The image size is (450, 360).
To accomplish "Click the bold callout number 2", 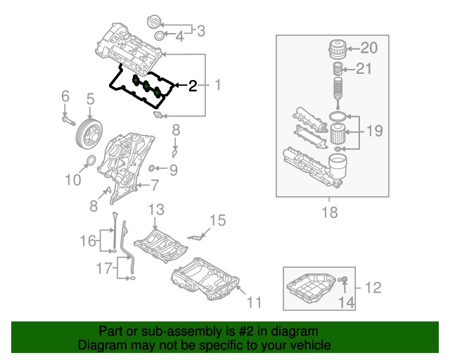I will click(x=193, y=86).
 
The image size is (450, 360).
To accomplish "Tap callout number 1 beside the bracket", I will click(x=217, y=86).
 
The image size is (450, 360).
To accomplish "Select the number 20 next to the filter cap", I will click(x=369, y=48).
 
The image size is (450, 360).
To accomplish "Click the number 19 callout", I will click(x=373, y=130).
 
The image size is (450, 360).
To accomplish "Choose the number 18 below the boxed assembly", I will click(x=329, y=212).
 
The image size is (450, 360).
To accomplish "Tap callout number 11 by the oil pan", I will click(x=254, y=302).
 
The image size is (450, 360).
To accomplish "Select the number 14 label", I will click(x=347, y=303).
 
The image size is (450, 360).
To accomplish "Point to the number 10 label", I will click(x=73, y=180).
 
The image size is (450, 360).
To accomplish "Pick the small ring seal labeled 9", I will click(x=155, y=169).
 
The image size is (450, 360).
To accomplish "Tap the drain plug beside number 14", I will click(x=344, y=283).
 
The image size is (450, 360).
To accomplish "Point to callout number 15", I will click(x=218, y=221).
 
